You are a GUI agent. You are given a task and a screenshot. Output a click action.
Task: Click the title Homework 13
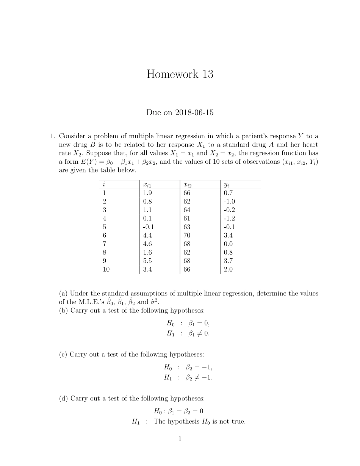click(180, 74)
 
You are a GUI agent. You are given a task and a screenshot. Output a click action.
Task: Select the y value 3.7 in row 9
click(228, 261)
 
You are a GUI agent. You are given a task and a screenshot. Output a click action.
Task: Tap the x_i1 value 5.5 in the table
click(147, 261)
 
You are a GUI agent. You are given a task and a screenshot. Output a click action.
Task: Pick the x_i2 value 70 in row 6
click(187, 235)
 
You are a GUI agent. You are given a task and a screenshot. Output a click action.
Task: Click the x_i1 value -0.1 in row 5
click(148, 227)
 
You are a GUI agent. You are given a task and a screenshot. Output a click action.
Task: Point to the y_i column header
click(226, 185)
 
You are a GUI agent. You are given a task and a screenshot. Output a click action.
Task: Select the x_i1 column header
click(147, 185)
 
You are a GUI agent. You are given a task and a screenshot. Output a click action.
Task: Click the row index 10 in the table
click(106, 269)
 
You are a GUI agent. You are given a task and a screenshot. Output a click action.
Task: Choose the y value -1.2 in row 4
click(229, 218)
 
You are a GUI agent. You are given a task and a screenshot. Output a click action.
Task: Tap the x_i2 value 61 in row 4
click(187, 218)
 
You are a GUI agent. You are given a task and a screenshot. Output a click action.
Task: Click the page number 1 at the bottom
click(180, 439)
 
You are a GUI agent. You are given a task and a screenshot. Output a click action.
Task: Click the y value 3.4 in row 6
click(228, 235)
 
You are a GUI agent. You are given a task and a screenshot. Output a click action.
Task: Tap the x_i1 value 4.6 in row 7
click(147, 244)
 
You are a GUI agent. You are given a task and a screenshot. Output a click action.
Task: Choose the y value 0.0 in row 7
click(228, 244)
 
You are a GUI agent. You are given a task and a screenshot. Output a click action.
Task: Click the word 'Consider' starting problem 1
click(72, 136)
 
